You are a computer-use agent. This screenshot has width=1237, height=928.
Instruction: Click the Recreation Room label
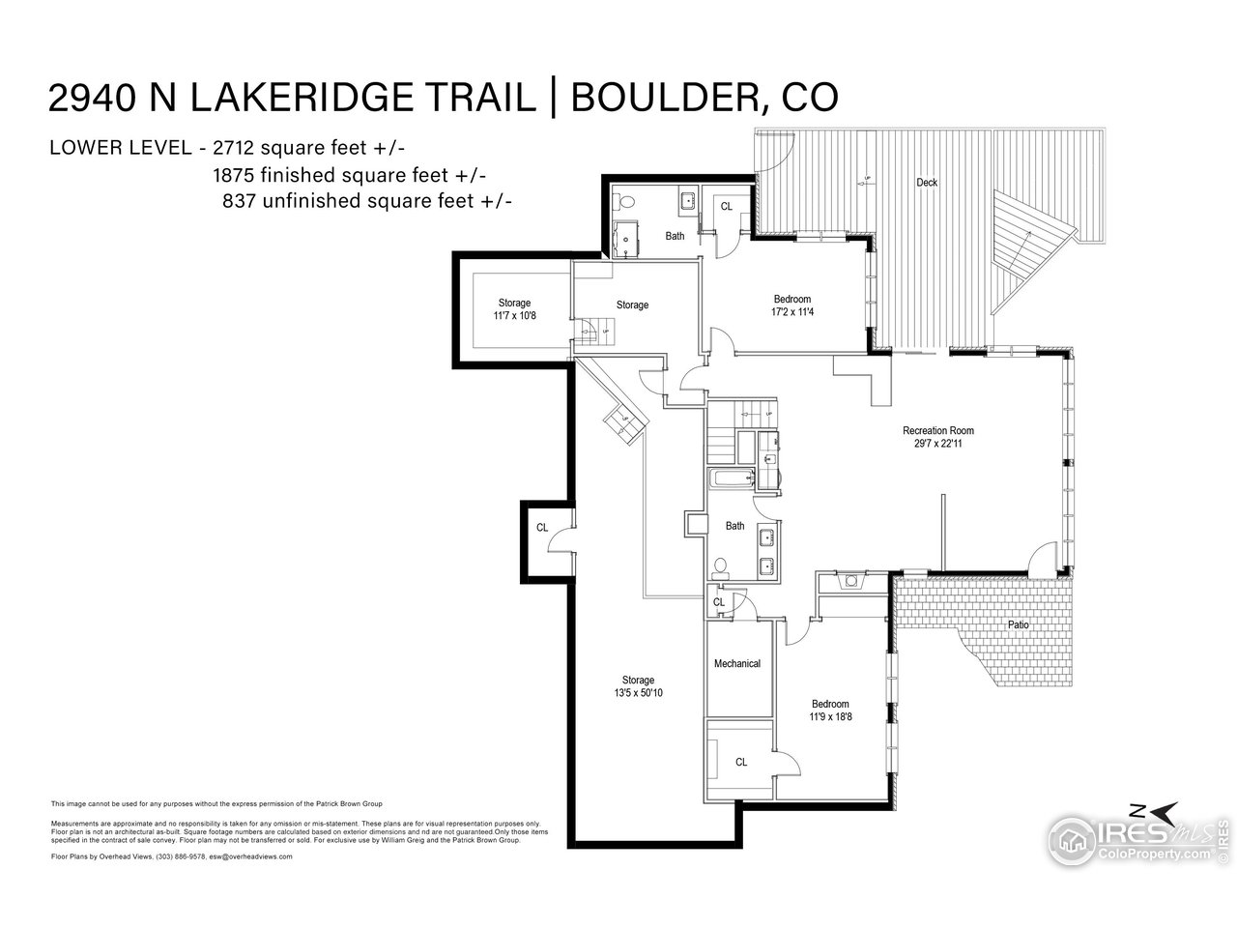(937, 431)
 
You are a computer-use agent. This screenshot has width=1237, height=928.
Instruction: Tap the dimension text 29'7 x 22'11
(937, 445)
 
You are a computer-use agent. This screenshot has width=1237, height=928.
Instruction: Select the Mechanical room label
(737, 663)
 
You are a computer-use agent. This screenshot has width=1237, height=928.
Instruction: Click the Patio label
(1019, 625)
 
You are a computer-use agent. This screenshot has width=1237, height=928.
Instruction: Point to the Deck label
(927, 183)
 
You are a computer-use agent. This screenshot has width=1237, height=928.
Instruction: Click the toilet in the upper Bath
(625, 203)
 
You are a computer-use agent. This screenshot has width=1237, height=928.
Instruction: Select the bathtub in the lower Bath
(731, 478)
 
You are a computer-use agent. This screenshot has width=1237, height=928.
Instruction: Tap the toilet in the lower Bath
(720, 566)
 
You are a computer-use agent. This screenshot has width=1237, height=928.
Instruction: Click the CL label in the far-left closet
(542, 528)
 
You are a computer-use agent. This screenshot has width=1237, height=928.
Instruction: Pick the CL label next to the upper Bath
(727, 205)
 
